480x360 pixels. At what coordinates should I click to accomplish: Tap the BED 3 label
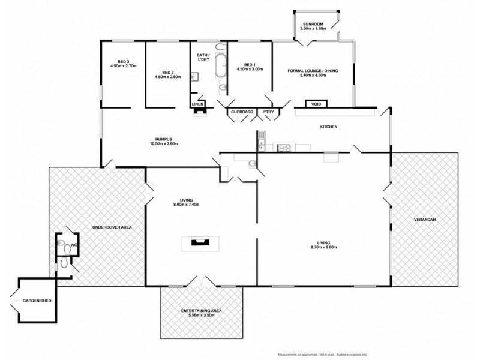[x=124, y=61]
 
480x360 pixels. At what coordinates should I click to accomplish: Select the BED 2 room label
[x=168, y=72]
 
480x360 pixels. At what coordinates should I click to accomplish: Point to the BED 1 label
[x=250, y=65]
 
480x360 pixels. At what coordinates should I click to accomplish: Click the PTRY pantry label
[x=266, y=112]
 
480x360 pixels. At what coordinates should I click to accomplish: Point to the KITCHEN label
[x=328, y=127]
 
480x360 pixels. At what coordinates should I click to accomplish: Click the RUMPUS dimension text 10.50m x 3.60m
[x=164, y=143]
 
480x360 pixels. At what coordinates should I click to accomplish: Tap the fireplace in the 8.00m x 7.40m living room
[x=198, y=242]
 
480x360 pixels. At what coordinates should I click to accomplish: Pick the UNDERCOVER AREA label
[x=112, y=227]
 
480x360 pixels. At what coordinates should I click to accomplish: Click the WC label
[x=73, y=244]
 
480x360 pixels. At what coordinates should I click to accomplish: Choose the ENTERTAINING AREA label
[x=202, y=310]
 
